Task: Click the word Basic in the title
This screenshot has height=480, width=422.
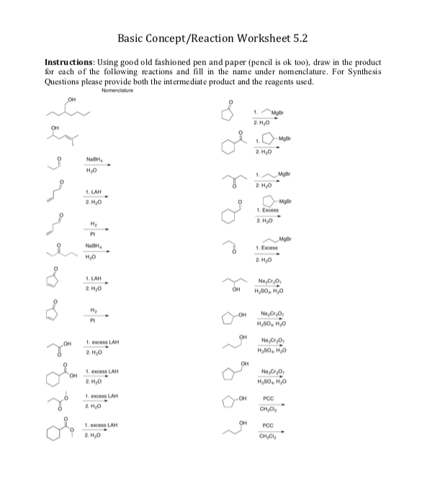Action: (x=135, y=37)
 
